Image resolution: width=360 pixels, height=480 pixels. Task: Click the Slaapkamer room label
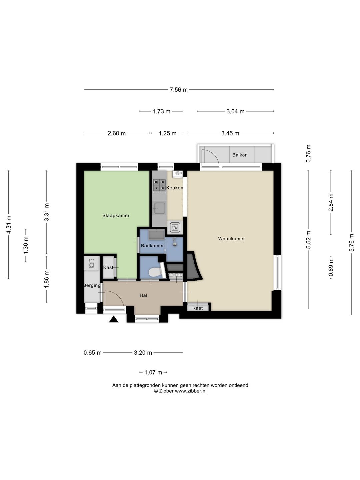[116, 215]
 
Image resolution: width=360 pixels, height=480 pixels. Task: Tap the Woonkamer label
[231, 239]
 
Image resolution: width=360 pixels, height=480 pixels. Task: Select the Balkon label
[240, 155]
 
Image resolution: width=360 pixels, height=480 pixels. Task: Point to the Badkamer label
[152, 246]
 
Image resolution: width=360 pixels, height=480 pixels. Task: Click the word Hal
[143, 295]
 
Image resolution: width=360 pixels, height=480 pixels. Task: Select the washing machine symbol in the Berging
[91, 264]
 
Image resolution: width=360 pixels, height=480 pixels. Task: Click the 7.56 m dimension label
[179, 90]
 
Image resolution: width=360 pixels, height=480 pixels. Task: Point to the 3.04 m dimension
[235, 111]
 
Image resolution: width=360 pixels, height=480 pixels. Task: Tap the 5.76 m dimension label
[351, 243]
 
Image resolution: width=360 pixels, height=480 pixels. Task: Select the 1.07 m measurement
[153, 372]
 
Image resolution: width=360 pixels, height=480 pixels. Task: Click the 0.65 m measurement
[92, 353]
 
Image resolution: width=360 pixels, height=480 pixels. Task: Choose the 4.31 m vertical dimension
[9, 225]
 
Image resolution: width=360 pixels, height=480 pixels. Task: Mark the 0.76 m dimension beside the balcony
[308, 154]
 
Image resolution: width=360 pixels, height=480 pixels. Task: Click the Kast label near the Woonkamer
[197, 308]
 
